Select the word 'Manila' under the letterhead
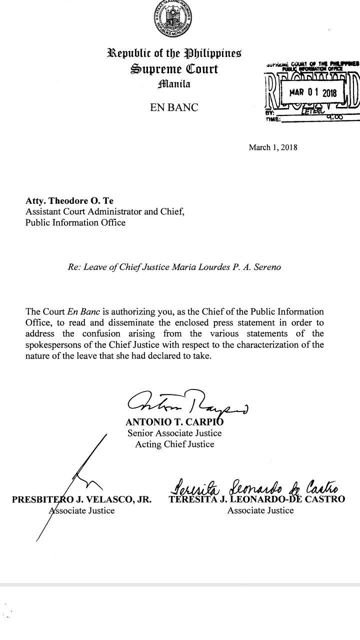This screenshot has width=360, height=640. pyautogui.click(x=174, y=84)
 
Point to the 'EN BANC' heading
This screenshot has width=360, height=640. pyautogui.click(x=174, y=107)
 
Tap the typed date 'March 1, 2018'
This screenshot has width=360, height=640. pyautogui.click(x=273, y=147)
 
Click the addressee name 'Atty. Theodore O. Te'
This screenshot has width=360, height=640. pyautogui.click(x=69, y=202)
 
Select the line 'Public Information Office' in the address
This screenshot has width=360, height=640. pyautogui.click(x=75, y=222)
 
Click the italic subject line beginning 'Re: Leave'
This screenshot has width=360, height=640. pyautogui.click(x=174, y=267)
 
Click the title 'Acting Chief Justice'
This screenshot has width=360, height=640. pyautogui.click(x=174, y=444)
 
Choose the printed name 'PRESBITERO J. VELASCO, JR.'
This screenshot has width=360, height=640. pyautogui.click(x=81, y=499)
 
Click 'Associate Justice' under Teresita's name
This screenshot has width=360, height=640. pyautogui.click(x=260, y=510)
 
